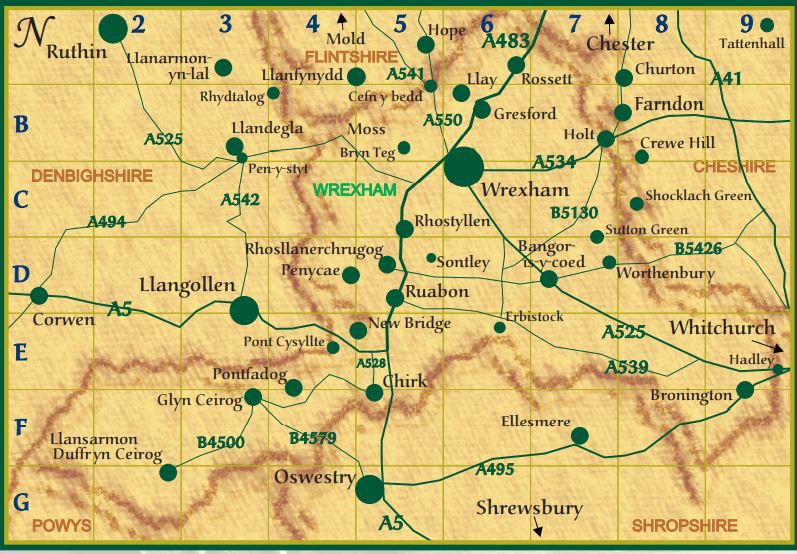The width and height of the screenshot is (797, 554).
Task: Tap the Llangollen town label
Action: tap(187, 285)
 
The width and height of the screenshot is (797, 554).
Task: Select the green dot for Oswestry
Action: tap(369, 489)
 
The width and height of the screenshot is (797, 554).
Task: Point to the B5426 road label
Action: tap(697, 247)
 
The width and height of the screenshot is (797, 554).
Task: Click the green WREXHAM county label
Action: tap(355, 189)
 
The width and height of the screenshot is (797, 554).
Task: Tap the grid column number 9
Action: tap(746, 23)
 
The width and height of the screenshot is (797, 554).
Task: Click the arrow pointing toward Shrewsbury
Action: tap(540, 528)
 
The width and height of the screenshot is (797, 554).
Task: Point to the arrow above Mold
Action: tap(342, 17)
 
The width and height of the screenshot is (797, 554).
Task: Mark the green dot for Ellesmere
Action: tap(579, 435)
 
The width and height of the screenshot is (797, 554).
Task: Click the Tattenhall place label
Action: tap(747, 43)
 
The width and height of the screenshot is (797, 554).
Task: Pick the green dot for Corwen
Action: tap(39, 295)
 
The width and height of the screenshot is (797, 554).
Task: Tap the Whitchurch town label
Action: tap(722, 328)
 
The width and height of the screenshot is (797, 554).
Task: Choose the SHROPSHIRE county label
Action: tap(684, 525)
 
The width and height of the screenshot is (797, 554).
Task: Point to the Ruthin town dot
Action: tap(114, 29)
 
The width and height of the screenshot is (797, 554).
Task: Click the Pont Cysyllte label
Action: tap(284, 341)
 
